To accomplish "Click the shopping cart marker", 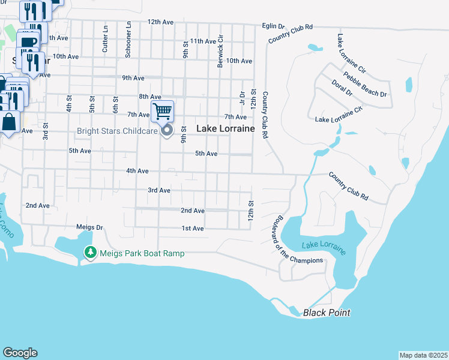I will (x=162, y=111).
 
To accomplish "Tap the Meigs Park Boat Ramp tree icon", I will (x=90, y=254).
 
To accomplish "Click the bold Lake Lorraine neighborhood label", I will (x=226, y=128).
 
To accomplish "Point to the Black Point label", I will (x=327, y=313).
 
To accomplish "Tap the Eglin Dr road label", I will (x=273, y=26).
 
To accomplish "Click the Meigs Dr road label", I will (x=90, y=227).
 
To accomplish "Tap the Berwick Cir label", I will (x=221, y=50).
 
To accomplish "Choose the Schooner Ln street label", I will (x=128, y=40).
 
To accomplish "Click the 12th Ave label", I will (x=160, y=22).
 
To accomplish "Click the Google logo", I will (x=20, y=353).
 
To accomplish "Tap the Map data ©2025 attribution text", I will (x=423, y=355).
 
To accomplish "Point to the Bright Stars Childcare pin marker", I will (x=168, y=130).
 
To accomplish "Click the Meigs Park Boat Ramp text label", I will (x=142, y=254).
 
